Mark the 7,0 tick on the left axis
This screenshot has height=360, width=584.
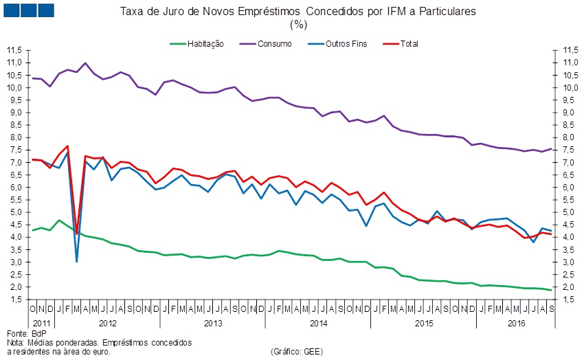click(15, 162)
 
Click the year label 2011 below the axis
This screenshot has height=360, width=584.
click(41, 323)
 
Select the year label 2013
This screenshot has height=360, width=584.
click(213, 323)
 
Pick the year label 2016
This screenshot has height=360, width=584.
click(516, 323)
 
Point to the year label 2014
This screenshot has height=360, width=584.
click(317, 323)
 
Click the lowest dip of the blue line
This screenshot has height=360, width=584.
click(76, 262)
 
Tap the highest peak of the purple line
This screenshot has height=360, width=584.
click(85, 63)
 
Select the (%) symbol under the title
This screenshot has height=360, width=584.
click(298, 24)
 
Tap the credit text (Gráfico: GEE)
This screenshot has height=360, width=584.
click(297, 351)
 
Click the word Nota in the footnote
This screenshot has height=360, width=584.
click(15, 342)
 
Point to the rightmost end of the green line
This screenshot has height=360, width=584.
click(551, 290)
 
